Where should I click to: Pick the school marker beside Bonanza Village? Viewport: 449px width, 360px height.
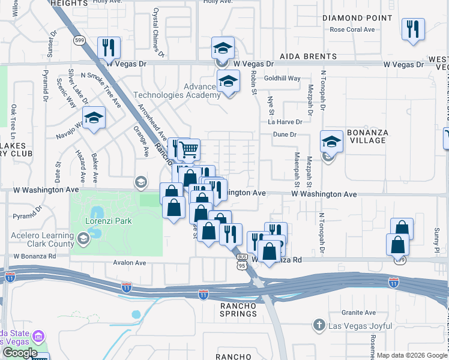tap(331, 142)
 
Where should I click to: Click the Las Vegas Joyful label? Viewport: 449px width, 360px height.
tap(355, 326)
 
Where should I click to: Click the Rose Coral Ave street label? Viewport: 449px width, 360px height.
tap(352, 29)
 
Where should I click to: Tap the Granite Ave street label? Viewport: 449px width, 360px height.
tap(358, 313)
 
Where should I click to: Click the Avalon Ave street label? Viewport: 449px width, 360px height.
tap(130, 263)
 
